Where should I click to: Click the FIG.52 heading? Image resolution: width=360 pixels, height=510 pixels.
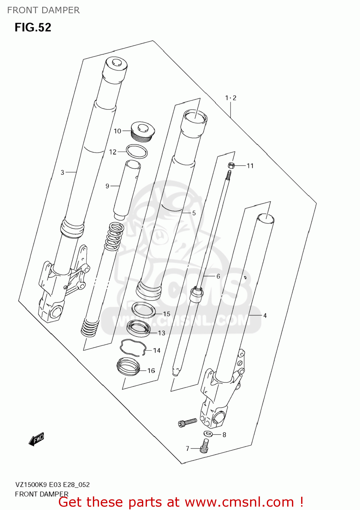click(x=33, y=27)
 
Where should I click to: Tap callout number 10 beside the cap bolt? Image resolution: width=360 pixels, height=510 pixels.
click(x=117, y=131)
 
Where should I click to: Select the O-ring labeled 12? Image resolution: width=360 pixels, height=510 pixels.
click(x=136, y=151)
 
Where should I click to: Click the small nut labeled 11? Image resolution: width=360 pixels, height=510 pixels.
click(x=231, y=166)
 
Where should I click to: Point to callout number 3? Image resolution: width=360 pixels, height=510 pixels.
click(x=62, y=172)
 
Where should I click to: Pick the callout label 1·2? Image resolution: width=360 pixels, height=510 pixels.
click(x=230, y=98)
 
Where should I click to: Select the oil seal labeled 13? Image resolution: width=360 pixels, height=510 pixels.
click(x=138, y=328)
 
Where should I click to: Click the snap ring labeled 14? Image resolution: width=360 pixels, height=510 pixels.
click(x=132, y=347)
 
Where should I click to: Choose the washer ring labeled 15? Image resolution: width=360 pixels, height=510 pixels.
click(x=143, y=310)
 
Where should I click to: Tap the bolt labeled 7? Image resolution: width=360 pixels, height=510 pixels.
click(x=204, y=446)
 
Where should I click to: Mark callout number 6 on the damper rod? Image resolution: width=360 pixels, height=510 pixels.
click(x=218, y=276)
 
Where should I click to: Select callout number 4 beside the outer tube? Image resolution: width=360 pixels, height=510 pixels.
click(x=265, y=316)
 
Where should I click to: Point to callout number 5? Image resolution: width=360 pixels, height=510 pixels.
click(x=194, y=213)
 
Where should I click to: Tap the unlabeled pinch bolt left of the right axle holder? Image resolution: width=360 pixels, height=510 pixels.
click(x=187, y=422)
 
